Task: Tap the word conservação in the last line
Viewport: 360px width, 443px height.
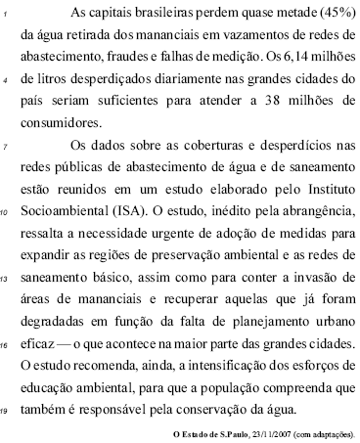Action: (256, 408)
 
